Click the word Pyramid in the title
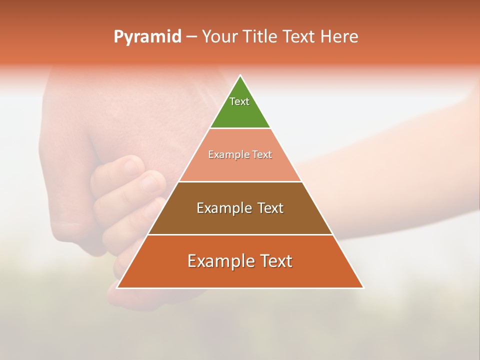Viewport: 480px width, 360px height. pyautogui.click(x=147, y=37)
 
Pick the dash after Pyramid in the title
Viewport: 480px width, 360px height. pyautogui.click(x=191, y=37)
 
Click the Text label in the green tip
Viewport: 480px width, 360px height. pyautogui.click(x=239, y=101)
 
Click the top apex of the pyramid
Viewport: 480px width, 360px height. pyautogui.click(x=240, y=75)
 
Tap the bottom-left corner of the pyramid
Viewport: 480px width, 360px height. pyautogui.click(x=117, y=288)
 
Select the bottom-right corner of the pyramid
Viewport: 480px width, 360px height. pyautogui.click(x=363, y=288)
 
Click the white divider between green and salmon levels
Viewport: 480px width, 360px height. pyautogui.click(x=240, y=128)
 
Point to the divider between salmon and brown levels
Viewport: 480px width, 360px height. pyautogui.click(x=240, y=181)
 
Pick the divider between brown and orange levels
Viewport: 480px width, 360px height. pyautogui.click(x=240, y=234)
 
